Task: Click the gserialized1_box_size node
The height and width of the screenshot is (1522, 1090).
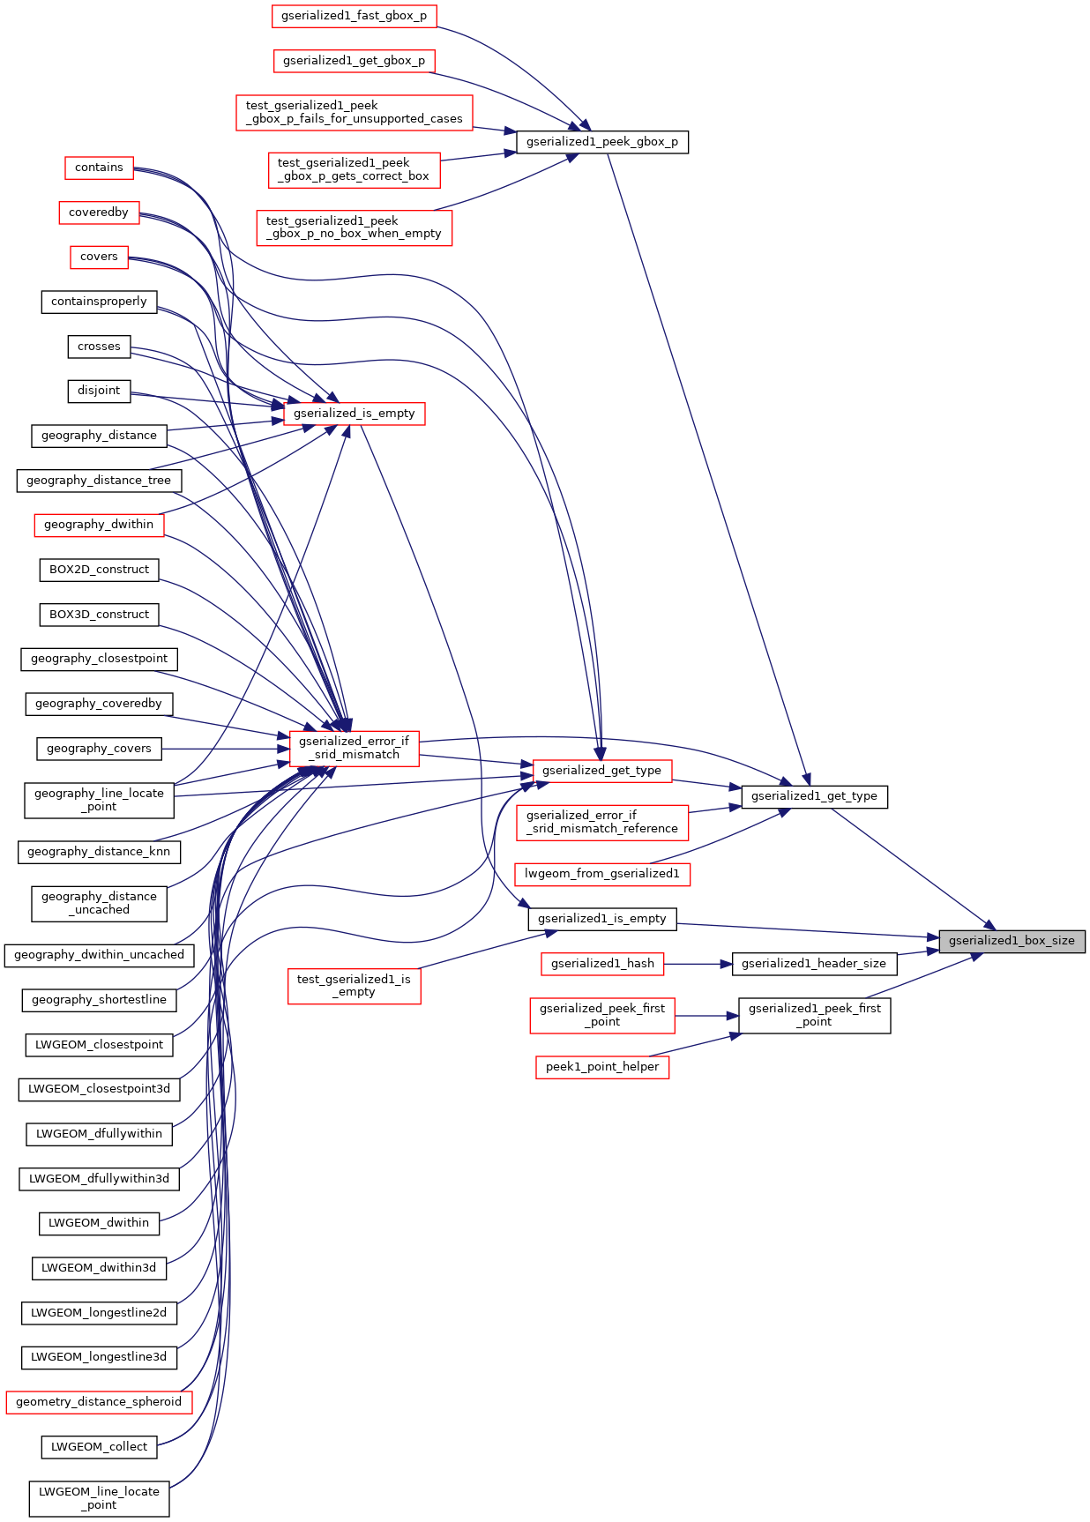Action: (x=1012, y=941)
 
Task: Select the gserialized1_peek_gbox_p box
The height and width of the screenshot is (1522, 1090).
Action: (x=601, y=142)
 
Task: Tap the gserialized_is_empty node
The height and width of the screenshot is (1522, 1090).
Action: (x=354, y=414)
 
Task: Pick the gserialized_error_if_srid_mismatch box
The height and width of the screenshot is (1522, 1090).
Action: (x=354, y=748)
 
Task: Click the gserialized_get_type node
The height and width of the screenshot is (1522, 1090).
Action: (x=601, y=771)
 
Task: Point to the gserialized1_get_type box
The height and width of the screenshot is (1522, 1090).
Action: (x=814, y=796)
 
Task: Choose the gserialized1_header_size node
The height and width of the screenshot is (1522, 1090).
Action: (x=813, y=964)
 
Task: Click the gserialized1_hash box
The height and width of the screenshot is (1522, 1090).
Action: (x=602, y=964)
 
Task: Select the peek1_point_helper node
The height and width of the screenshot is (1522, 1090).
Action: (x=602, y=1067)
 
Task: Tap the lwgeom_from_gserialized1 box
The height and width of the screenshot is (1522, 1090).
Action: (x=602, y=874)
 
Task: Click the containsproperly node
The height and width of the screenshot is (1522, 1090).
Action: (x=99, y=302)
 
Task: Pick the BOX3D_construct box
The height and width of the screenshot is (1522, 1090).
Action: (x=99, y=615)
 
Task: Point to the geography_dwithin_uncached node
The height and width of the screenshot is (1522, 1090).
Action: (x=99, y=955)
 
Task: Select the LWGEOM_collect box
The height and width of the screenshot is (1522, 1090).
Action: (x=99, y=1447)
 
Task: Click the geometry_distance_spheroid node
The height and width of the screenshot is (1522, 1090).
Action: (x=99, y=1402)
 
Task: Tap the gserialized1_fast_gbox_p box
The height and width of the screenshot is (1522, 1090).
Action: (x=354, y=16)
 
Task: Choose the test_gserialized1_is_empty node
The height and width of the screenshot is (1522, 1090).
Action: (x=354, y=986)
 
